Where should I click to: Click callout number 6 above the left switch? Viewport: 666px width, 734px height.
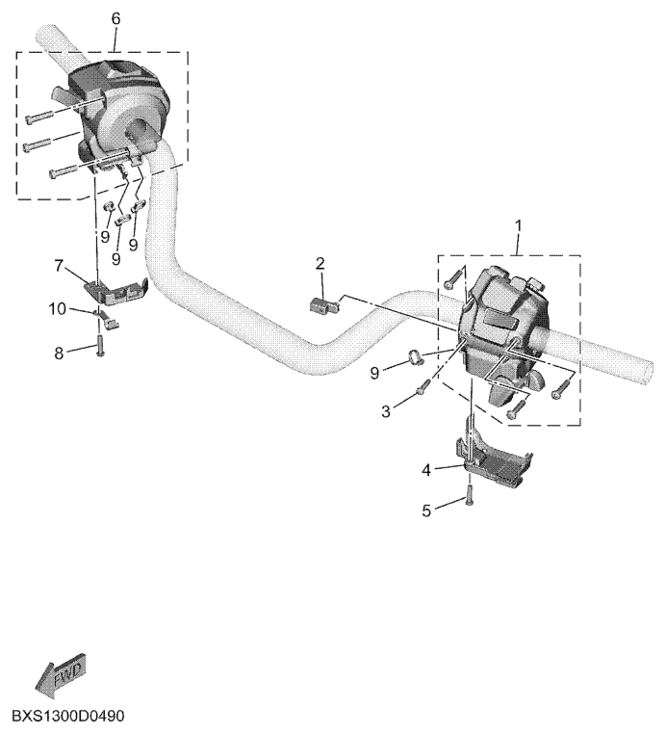point(116,19)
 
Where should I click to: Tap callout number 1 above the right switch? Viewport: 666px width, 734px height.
point(518,226)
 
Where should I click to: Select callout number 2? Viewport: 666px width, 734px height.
point(321,262)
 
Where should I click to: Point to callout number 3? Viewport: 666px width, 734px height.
point(387,412)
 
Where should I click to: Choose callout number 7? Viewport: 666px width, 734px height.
point(59,264)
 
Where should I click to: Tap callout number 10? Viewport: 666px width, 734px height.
point(59,308)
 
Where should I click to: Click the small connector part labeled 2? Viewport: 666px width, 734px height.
point(322,305)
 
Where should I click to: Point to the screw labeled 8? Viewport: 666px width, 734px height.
point(100,348)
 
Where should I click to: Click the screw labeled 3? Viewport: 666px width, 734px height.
point(423,389)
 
